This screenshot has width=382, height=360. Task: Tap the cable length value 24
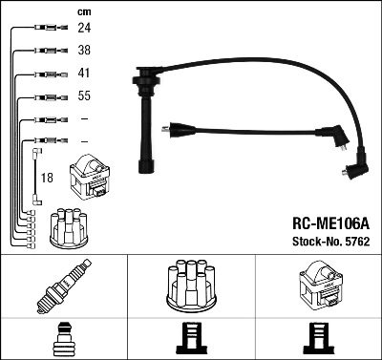[84, 29]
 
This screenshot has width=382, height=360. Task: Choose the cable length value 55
[84, 97]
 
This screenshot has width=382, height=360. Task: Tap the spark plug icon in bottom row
[64, 289]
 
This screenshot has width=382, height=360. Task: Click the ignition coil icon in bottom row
[318, 286]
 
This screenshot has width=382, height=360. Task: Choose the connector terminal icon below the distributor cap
[191, 338]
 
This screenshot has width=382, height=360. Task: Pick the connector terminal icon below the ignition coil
[318, 338]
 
